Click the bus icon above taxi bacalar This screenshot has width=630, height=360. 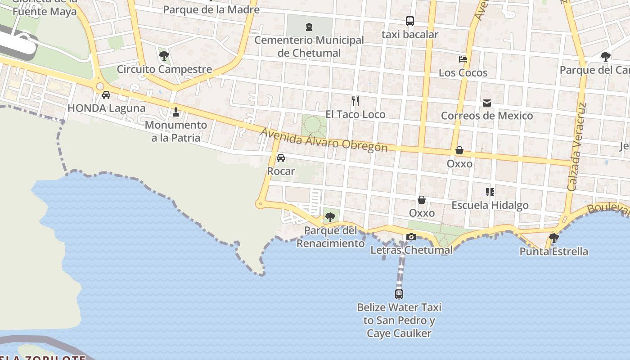(x=409, y=21)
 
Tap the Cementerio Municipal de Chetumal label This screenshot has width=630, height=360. (x=309, y=46)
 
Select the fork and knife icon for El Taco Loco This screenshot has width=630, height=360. (x=355, y=101)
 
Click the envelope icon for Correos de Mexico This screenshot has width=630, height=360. (x=487, y=103)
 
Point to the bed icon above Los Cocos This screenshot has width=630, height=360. (x=463, y=59)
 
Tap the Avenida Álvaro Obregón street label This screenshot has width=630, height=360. (x=324, y=140)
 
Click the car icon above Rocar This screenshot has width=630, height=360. (x=281, y=158)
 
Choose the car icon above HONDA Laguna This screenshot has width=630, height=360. (x=106, y=95)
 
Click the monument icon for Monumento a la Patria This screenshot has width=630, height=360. (x=176, y=111)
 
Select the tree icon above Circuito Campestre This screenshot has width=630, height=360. (x=164, y=56)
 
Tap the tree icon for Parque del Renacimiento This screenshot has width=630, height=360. (x=330, y=217)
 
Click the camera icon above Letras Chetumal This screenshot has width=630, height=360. (x=411, y=237)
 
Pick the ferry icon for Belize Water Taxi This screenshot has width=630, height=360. (x=399, y=294)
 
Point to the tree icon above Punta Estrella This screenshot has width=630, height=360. (x=554, y=238)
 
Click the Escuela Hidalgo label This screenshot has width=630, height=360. (x=490, y=205)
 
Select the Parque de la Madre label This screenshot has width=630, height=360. (x=211, y=9)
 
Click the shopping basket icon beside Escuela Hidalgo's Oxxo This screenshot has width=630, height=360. (x=422, y=200)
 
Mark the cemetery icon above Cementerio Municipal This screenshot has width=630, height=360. (x=309, y=27)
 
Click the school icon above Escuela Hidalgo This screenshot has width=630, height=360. (x=490, y=192)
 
